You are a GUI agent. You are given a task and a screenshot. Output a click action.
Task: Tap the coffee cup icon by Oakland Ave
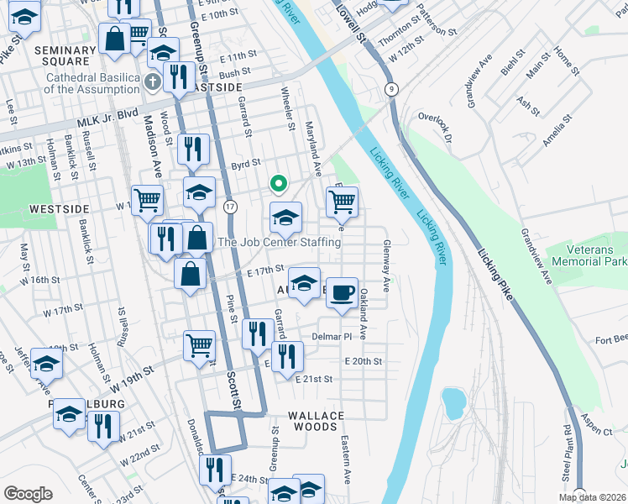pyautogui.click(x=341, y=293)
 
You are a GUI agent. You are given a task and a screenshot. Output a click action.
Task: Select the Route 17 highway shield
pyautogui.click(x=231, y=206)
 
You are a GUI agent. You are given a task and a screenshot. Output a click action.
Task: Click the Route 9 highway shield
pyautogui.click(x=391, y=88)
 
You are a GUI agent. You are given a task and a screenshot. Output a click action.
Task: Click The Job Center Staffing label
pyautogui.click(x=279, y=242)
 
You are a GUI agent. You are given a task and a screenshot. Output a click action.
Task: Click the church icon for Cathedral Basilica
pyautogui.click(x=151, y=81)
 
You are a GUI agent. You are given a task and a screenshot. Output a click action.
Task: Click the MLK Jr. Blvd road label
pyautogui.click(x=107, y=123)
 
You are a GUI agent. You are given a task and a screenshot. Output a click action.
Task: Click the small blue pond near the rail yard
pyautogui.click(x=454, y=403)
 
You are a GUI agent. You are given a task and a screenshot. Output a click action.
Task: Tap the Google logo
pyautogui.click(x=28, y=494)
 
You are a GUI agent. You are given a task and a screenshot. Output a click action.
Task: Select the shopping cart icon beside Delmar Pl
pyautogui.click(x=199, y=344)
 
